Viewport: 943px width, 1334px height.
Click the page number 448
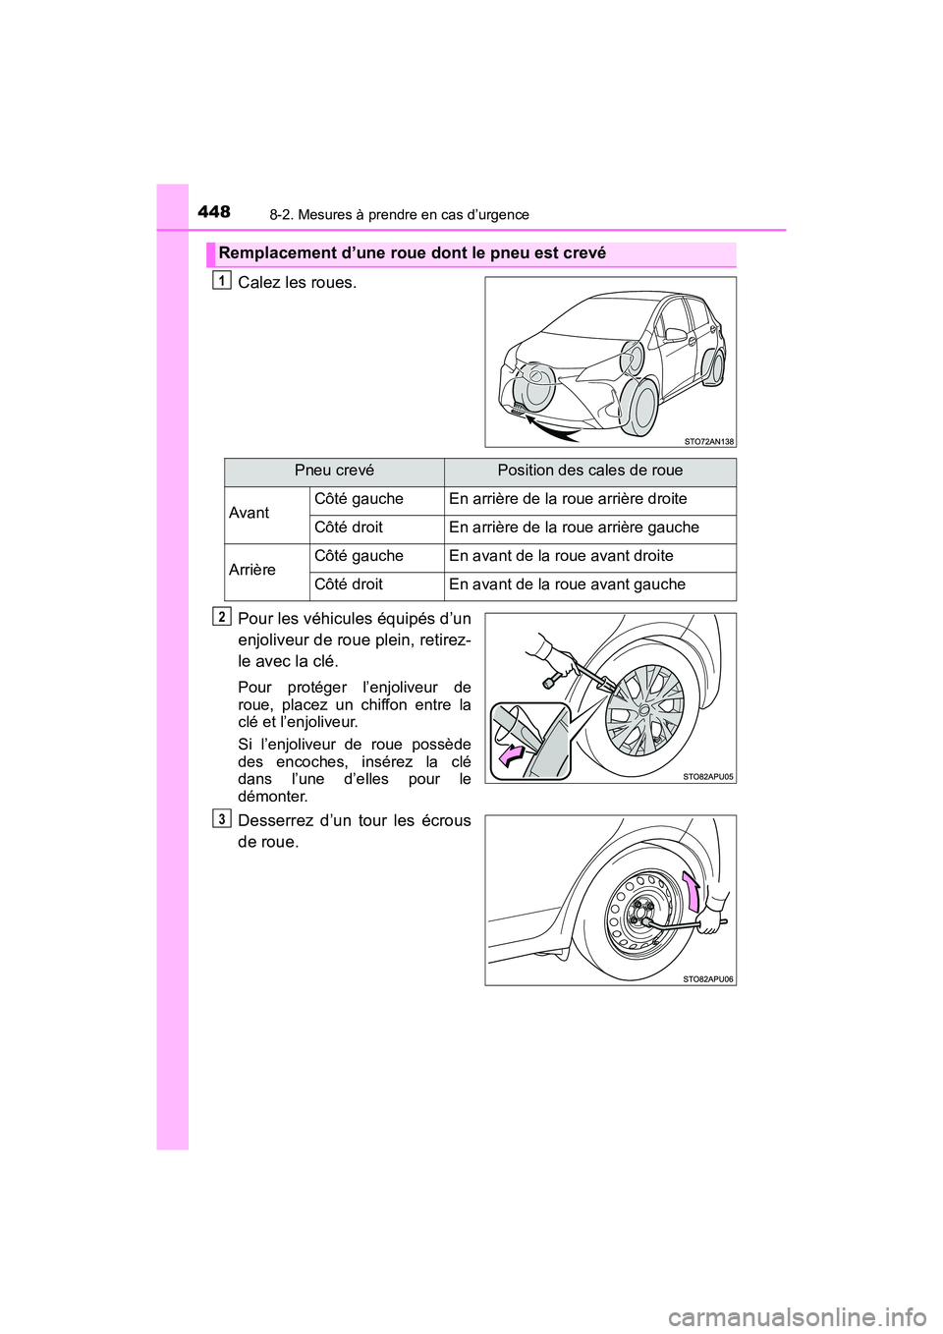pyautogui.click(x=213, y=211)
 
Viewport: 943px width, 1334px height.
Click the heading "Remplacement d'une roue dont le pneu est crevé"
pyautogui.click(x=412, y=253)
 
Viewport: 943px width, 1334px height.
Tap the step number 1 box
pyautogui.click(x=223, y=281)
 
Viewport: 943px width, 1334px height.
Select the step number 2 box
pyautogui.click(x=223, y=617)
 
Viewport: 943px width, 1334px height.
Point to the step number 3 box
pyautogui.click(x=223, y=819)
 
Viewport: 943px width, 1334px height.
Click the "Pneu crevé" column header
pyautogui.click(x=334, y=471)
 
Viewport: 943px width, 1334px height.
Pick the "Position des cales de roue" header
pyautogui.click(x=589, y=471)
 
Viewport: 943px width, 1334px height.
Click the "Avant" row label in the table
pyautogui.click(x=250, y=513)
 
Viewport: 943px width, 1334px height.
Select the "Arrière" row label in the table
pyautogui.click(x=252, y=570)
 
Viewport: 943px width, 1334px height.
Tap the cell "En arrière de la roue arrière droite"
pyautogui.click(x=568, y=499)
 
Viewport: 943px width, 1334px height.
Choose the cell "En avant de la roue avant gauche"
pyautogui.click(x=567, y=584)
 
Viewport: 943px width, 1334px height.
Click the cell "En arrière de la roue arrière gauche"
pyautogui.click(x=574, y=528)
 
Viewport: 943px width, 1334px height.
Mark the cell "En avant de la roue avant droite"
pyautogui.click(x=561, y=556)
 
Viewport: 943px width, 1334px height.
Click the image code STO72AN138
pyautogui.click(x=708, y=441)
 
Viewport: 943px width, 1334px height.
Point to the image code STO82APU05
pyautogui.click(x=708, y=776)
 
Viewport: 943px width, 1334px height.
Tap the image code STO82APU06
pyautogui.click(x=708, y=979)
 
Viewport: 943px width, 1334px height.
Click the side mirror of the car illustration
pyautogui.click(x=676, y=335)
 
